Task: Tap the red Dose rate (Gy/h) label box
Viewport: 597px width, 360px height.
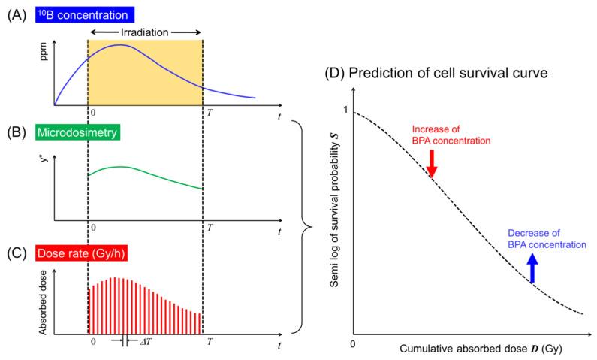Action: (x=82, y=253)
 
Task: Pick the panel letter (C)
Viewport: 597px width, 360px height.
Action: (x=15, y=253)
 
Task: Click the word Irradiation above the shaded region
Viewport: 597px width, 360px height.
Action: (x=146, y=32)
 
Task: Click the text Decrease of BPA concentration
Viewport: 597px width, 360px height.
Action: (x=547, y=238)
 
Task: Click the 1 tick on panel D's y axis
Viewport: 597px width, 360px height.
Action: (x=346, y=111)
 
